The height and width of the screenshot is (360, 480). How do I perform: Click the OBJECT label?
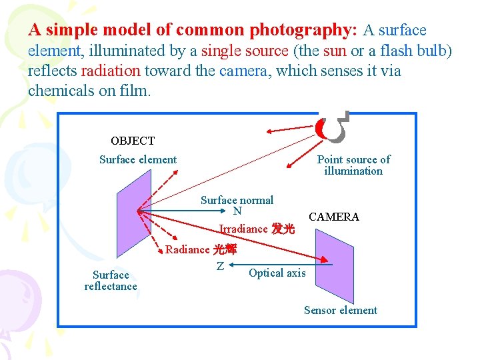pos(132,141)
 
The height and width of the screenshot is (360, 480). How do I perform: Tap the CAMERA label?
pos(334,217)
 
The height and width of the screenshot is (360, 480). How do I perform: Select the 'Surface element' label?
pos(138,159)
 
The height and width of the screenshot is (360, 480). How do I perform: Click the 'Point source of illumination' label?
pos(353,165)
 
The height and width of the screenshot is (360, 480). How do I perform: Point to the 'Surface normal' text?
pos(237,200)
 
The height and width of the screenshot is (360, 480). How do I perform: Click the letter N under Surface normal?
pos(237,211)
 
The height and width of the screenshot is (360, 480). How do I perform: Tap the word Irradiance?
pos(243,229)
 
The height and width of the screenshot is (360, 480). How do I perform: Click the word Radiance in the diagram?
pos(187,249)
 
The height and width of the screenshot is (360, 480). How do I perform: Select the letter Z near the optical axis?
pos(220,266)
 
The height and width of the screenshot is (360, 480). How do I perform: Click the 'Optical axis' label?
pos(277,273)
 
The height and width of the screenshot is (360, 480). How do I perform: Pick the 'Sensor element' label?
pos(340,310)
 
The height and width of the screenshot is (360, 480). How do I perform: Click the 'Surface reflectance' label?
pos(111,281)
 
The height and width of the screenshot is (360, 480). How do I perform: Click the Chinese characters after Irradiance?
pos(283,229)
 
